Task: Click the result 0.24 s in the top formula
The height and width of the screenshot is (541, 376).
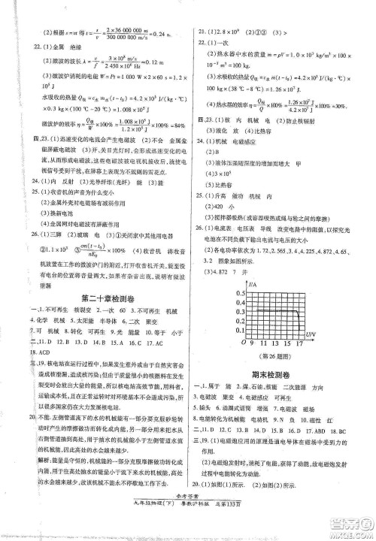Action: pos(159,35)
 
